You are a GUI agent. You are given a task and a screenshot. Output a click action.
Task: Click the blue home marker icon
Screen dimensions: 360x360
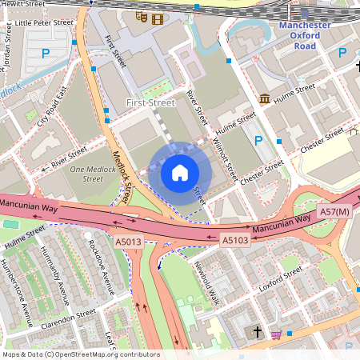point(180,173)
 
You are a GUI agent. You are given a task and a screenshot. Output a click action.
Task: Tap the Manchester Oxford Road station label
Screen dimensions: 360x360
point(305,35)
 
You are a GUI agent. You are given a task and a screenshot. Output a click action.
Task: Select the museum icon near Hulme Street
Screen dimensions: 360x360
point(264,98)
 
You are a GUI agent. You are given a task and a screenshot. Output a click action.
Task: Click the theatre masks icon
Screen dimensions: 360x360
point(142,15)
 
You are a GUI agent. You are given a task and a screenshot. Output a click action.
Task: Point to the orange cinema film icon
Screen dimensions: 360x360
point(157,18)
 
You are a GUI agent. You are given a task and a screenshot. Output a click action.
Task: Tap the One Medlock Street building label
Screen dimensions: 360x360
point(92,174)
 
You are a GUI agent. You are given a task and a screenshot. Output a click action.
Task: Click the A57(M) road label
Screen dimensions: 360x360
point(334,211)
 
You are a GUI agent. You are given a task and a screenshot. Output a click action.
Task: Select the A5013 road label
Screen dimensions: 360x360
point(128,241)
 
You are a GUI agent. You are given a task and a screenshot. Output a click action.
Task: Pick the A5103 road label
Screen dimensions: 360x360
point(234,239)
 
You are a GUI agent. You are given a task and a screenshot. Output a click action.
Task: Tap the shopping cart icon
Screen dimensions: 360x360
point(275,334)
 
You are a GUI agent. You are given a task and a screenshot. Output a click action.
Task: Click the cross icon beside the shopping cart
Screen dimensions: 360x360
point(258,330)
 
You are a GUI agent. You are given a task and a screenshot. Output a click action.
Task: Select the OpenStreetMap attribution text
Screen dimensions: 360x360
point(81,354)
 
